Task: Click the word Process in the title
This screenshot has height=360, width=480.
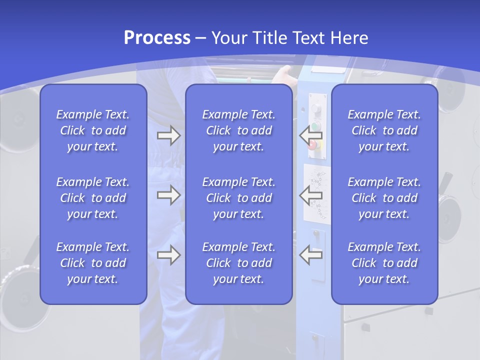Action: click(x=157, y=37)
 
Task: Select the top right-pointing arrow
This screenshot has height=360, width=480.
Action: click(x=169, y=135)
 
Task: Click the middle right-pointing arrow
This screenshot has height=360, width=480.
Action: click(x=169, y=195)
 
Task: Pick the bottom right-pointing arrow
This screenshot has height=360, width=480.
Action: click(x=169, y=255)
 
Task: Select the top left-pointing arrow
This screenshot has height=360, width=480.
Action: click(x=310, y=135)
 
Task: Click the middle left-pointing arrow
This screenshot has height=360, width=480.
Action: click(x=310, y=195)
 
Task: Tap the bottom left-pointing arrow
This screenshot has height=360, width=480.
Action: click(x=310, y=255)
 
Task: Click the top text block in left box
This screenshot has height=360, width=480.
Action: click(x=93, y=130)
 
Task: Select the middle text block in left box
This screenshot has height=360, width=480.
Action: click(x=93, y=198)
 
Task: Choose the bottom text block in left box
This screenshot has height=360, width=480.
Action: click(x=93, y=263)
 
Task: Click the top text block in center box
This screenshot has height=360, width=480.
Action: click(x=238, y=130)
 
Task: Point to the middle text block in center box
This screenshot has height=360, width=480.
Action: click(x=238, y=198)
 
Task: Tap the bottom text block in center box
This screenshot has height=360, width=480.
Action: click(x=238, y=263)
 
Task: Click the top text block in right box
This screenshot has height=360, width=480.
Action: click(x=384, y=130)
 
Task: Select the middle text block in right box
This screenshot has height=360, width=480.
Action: click(x=384, y=198)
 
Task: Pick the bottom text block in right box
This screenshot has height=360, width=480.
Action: click(x=384, y=263)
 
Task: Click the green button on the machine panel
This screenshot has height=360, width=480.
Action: click(x=315, y=126)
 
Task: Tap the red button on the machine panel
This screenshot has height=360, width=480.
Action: click(x=314, y=145)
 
